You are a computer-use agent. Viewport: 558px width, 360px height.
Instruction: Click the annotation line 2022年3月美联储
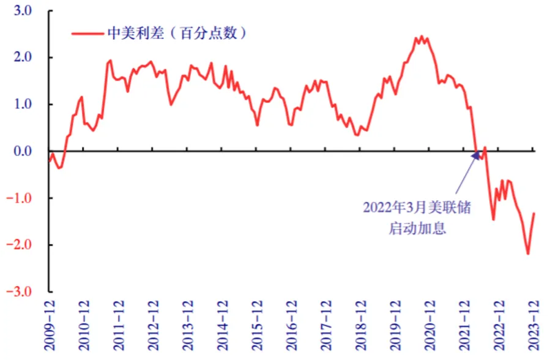(x=417, y=207)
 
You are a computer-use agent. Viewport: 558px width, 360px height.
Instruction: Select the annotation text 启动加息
(x=417, y=228)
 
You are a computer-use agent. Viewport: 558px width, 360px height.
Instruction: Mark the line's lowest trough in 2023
(x=527, y=253)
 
